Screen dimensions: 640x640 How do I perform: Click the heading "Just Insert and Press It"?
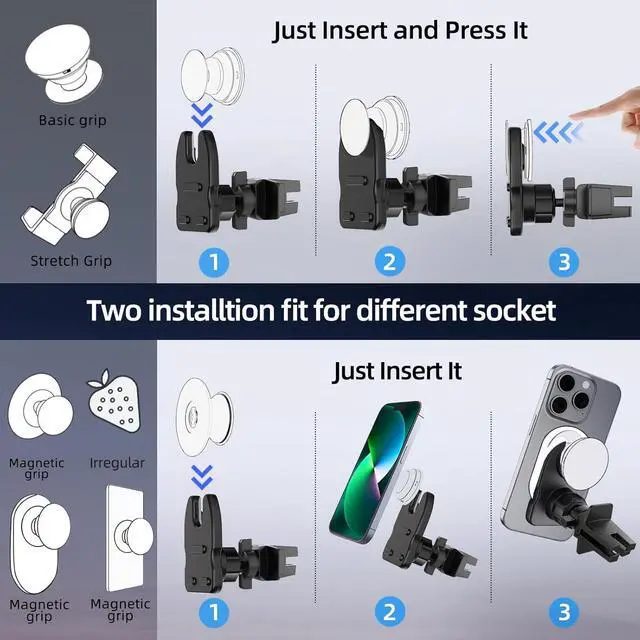click(x=400, y=31)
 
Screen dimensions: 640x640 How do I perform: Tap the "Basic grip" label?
click(x=73, y=120)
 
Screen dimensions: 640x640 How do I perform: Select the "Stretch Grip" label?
click(x=71, y=261)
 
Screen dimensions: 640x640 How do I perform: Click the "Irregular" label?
click(x=117, y=463)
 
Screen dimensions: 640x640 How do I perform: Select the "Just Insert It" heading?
click(x=397, y=371)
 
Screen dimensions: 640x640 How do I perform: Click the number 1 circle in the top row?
click(x=214, y=262)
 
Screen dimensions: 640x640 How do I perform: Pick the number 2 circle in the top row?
click(x=390, y=262)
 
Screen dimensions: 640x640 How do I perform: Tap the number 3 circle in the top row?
click(x=564, y=262)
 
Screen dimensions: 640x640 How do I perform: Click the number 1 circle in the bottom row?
click(x=214, y=612)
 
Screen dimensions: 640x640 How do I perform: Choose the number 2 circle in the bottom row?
click(x=390, y=612)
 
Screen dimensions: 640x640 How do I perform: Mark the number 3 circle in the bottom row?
click(x=564, y=612)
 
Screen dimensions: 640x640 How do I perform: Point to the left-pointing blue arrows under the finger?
click(x=558, y=132)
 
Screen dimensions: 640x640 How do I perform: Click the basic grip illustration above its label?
click(x=64, y=62)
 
